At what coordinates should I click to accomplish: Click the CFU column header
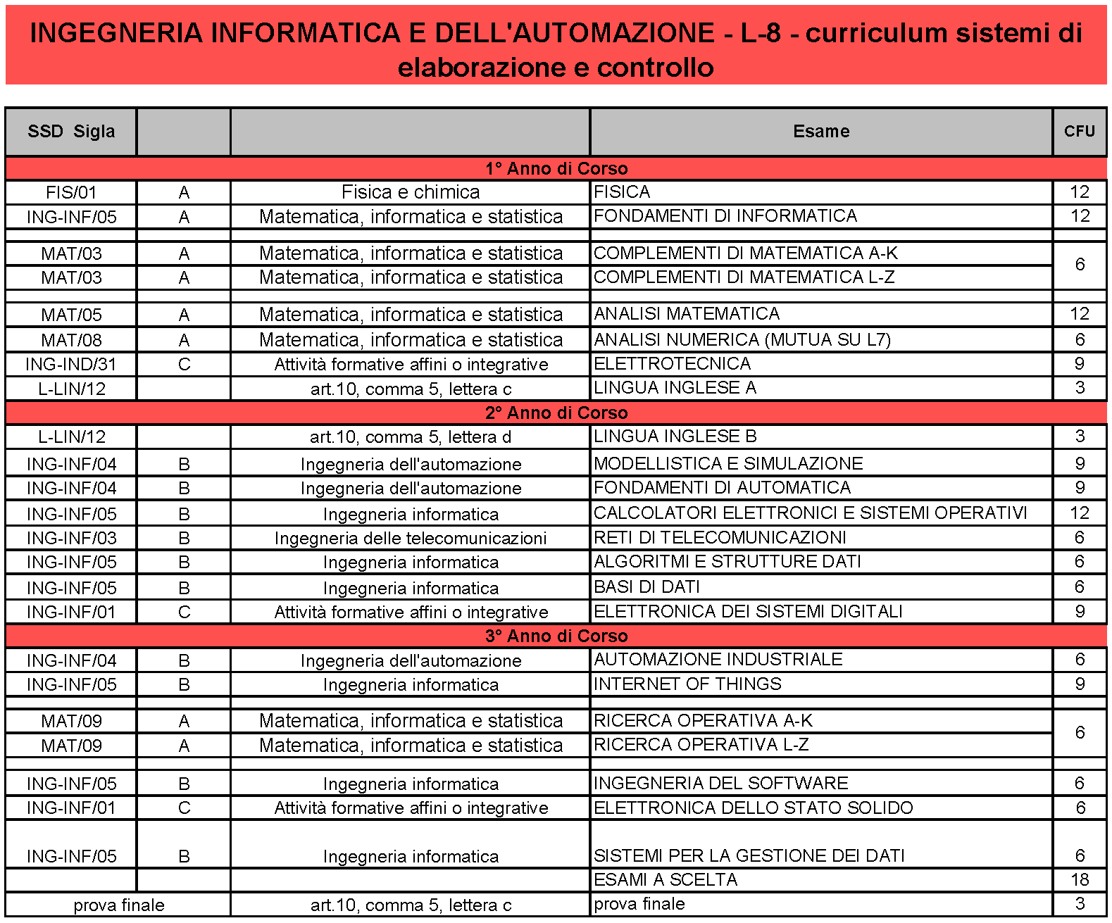(1079, 132)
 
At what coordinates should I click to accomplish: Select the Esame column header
(820, 132)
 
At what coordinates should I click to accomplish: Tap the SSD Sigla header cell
(71, 132)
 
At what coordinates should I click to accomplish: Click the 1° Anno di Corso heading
(556, 169)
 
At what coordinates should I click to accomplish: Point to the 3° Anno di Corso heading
(556, 636)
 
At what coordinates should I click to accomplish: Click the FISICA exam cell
(622, 192)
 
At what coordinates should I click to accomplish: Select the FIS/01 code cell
(71, 193)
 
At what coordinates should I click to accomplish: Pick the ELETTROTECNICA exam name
(672, 364)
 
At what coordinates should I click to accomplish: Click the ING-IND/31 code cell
(71, 365)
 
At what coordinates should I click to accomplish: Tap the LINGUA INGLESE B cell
(675, 437)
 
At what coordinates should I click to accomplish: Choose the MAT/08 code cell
(71, 341)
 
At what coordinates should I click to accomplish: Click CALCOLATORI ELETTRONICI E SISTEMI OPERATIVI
(810, 513)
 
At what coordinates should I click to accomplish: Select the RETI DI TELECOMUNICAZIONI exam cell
(720, 538)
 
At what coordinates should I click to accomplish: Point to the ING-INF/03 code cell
(71, 539)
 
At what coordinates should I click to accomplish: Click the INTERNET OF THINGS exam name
(687, 684)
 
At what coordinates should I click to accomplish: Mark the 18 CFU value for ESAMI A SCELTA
(1079, 880)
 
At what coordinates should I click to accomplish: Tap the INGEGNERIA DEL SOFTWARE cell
(720, 784)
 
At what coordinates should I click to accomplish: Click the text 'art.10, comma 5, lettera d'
(411, 437)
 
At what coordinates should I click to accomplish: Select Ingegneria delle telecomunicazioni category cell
(411, 539)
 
